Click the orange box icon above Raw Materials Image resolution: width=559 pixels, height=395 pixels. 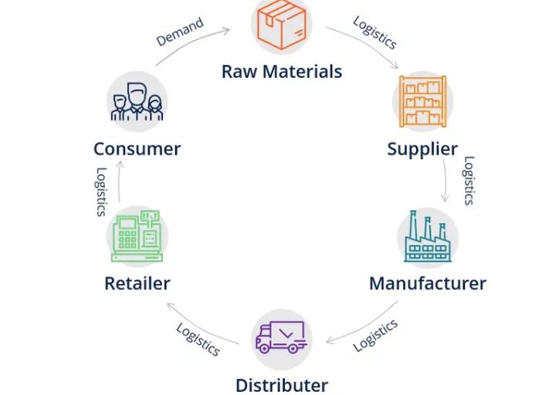[283, 24]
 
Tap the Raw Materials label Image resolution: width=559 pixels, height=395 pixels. [282, 72]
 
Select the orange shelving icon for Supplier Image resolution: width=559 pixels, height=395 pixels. [422, 101]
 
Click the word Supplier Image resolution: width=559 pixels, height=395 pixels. [422, 148]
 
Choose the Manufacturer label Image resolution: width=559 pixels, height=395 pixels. [428, 283]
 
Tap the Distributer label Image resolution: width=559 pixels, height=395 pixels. [282, 385]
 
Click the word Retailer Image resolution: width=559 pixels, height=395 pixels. [137, 283]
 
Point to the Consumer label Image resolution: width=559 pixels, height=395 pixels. [137, 148]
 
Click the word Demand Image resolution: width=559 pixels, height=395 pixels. [180, 32]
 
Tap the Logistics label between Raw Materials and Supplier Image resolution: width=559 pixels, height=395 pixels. [375, 33]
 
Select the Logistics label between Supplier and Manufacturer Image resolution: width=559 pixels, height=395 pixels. [468, 181]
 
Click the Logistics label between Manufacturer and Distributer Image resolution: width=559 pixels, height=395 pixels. [376, 336]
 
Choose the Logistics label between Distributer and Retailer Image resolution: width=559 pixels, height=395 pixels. [198, 339]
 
